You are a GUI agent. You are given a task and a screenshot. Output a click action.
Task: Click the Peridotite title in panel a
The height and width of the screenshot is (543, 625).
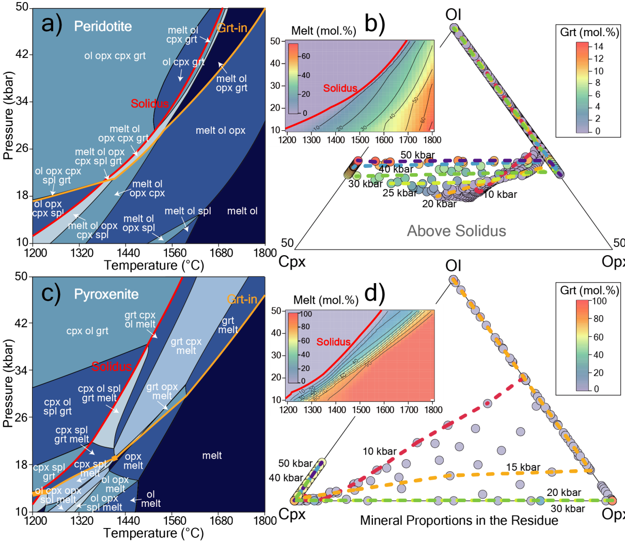103,26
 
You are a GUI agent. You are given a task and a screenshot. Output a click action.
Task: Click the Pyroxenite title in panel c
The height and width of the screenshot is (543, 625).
106,294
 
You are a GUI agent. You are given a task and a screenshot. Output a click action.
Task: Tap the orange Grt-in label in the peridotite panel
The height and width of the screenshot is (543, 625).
232,28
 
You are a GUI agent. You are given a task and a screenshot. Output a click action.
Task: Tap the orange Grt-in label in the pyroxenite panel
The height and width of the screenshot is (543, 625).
242,299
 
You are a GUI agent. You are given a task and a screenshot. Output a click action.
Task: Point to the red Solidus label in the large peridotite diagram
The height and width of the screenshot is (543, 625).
149,104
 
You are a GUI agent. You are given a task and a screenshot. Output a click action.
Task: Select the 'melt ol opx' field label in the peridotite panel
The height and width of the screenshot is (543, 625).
221,131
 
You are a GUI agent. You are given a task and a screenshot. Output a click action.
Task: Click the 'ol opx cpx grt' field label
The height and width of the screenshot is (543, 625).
115,56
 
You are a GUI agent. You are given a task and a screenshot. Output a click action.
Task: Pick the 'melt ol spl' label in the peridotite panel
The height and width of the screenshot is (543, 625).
188,211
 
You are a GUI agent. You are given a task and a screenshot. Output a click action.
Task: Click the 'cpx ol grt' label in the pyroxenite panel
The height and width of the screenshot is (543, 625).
87,331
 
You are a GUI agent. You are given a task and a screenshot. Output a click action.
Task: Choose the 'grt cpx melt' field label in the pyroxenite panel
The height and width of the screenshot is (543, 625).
186,346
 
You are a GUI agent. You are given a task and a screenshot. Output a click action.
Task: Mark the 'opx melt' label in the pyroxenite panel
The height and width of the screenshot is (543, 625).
133,461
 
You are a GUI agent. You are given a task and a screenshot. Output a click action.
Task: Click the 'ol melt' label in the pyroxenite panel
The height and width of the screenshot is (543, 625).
150,499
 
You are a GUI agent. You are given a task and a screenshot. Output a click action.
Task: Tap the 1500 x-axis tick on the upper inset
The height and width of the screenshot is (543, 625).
360,140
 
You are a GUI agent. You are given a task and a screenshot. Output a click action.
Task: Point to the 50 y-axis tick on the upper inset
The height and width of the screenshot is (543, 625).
275,41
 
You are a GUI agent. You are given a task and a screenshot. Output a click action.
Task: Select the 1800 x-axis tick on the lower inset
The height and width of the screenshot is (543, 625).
433,410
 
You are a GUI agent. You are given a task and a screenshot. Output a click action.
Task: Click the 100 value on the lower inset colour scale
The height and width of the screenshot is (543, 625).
306,314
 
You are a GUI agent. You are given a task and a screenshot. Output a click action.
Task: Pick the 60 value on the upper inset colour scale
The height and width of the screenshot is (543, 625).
306,56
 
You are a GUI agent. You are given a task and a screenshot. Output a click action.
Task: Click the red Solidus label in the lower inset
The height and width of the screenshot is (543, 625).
333,342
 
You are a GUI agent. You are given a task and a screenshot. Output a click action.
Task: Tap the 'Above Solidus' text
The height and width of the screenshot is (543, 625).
457,231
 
